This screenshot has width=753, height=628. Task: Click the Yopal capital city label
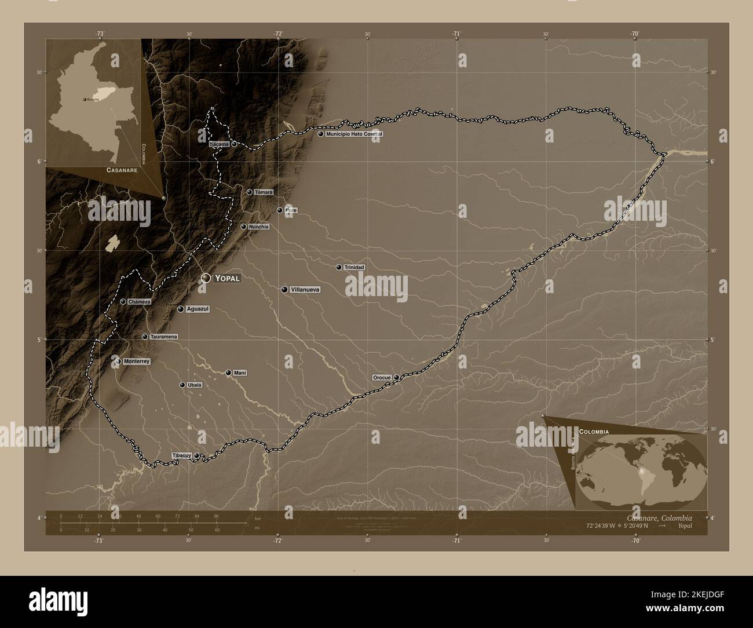[227, 278]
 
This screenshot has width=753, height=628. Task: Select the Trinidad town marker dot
[339, 267]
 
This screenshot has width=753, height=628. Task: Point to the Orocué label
[382, 377]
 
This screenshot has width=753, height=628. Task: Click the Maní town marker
[229, 373]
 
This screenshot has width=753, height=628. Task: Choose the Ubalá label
[195, 385]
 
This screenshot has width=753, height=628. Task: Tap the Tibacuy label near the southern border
[182, 456]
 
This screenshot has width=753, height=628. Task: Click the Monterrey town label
[137, 362]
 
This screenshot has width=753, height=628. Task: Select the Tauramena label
[163, 337]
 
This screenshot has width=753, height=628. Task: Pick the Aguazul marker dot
[181, 309]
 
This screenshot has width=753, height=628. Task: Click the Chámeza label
[140, 301]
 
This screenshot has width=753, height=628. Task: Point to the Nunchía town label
[259, 227]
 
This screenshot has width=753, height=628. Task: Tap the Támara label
[264, 192]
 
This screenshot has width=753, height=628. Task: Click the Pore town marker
[280, 210]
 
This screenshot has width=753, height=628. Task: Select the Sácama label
[220, 143]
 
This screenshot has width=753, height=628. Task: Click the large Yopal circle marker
[206, 279]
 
